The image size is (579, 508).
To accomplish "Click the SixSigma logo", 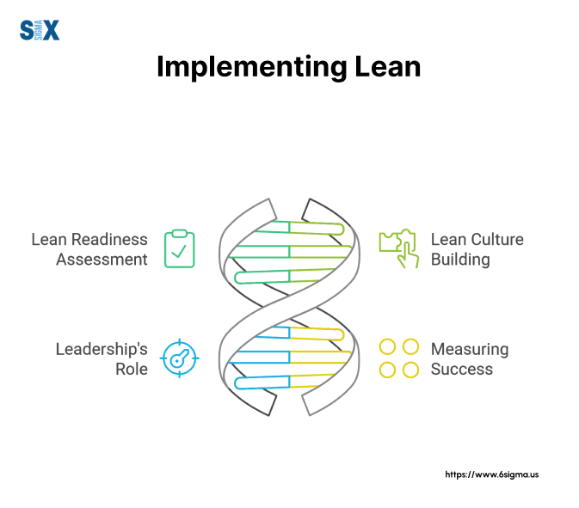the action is coord(40,30).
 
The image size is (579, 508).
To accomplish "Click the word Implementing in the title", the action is coord(252,68).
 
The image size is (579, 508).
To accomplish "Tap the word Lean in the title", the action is coord(387,67).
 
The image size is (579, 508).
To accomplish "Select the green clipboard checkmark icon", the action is coord(180,248).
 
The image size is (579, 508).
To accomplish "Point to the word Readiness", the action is coord(109,240).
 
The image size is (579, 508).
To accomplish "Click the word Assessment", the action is coord(102,260).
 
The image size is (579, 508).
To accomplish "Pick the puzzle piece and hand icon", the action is coord(399,248).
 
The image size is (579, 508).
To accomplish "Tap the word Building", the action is coord(460,260).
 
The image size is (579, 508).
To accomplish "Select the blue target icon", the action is coord(180,358).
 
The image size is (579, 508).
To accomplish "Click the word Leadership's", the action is coord(102,349).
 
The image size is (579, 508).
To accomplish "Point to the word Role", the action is coord(132,370).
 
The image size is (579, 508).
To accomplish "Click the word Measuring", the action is coord(470,350).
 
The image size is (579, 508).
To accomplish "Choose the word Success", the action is coord(462,370).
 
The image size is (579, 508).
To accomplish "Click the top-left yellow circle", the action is coord(387,346).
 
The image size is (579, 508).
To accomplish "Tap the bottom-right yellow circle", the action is coord(410,370).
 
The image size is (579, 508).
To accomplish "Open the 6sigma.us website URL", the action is coord(492,474).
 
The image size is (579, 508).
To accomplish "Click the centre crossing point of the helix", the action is coord(289,307).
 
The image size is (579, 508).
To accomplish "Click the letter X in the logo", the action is coord(52,30).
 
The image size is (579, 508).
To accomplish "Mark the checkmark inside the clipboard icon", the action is coord(179,251).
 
